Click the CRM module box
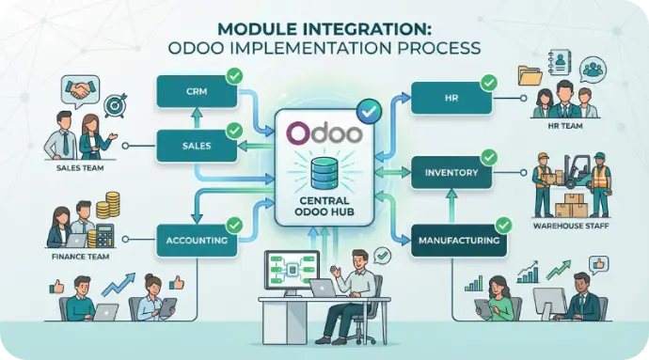coord(197,91)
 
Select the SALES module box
coord(197,146)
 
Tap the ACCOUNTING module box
coord(197,240)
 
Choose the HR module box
coord(451,98)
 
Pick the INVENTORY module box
coord(451,173)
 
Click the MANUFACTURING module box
coord(459,241)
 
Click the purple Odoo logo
coord(324,133)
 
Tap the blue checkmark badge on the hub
coord(369,111)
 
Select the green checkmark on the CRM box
coord(234,76)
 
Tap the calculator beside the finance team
coord(104,236)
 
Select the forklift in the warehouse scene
coord(578,171)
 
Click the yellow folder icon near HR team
coord(530,76)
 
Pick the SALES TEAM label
coord(80,168)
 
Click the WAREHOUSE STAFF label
coord(571,226)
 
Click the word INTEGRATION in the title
coord(372,29)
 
